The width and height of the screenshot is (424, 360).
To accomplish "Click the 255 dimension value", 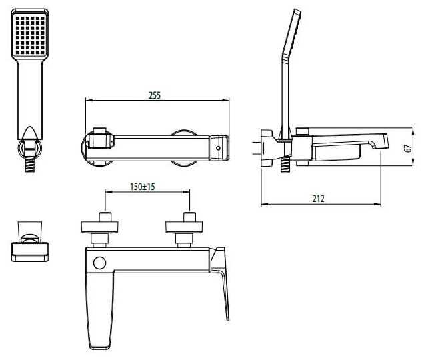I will pos(154,95).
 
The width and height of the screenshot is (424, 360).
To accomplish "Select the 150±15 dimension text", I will pos(142,187).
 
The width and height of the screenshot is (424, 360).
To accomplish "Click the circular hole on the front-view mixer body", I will pos(99,263).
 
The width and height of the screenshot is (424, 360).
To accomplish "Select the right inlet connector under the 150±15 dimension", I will pos(189,227).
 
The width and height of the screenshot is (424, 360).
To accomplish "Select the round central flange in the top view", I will pos(184,147).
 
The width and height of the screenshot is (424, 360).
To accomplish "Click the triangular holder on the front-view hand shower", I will pos(29,133).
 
